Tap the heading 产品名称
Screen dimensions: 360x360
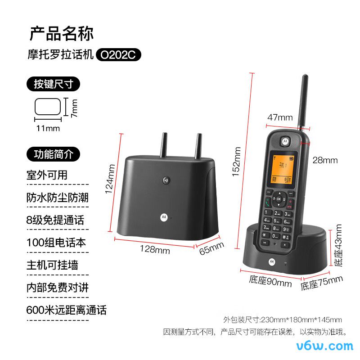point(62,34)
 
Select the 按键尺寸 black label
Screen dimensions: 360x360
point(54,84)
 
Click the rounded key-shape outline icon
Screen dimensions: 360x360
point(48,107)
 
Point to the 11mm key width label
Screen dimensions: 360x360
point(48,128)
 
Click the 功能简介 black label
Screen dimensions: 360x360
point(54,154)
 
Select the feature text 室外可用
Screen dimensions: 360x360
point(47,175)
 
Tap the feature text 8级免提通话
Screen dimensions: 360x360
point(55,220)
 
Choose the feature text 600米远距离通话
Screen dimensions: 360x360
point(67,310)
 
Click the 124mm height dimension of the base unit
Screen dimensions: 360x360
point(110,185)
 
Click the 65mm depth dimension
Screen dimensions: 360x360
point(211,248)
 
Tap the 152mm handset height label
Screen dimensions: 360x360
point(237,162)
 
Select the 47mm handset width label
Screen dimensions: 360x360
point(280,117)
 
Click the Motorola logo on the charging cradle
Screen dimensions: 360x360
point(272,261)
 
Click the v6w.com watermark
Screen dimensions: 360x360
point(325,346)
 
